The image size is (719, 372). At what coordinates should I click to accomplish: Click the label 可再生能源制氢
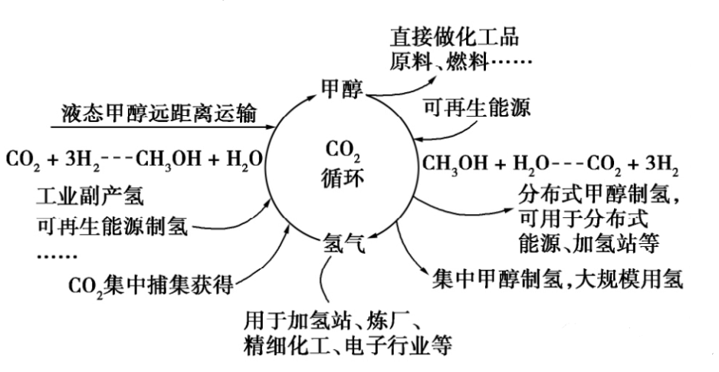pyautogui.click(x=112, y=226)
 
